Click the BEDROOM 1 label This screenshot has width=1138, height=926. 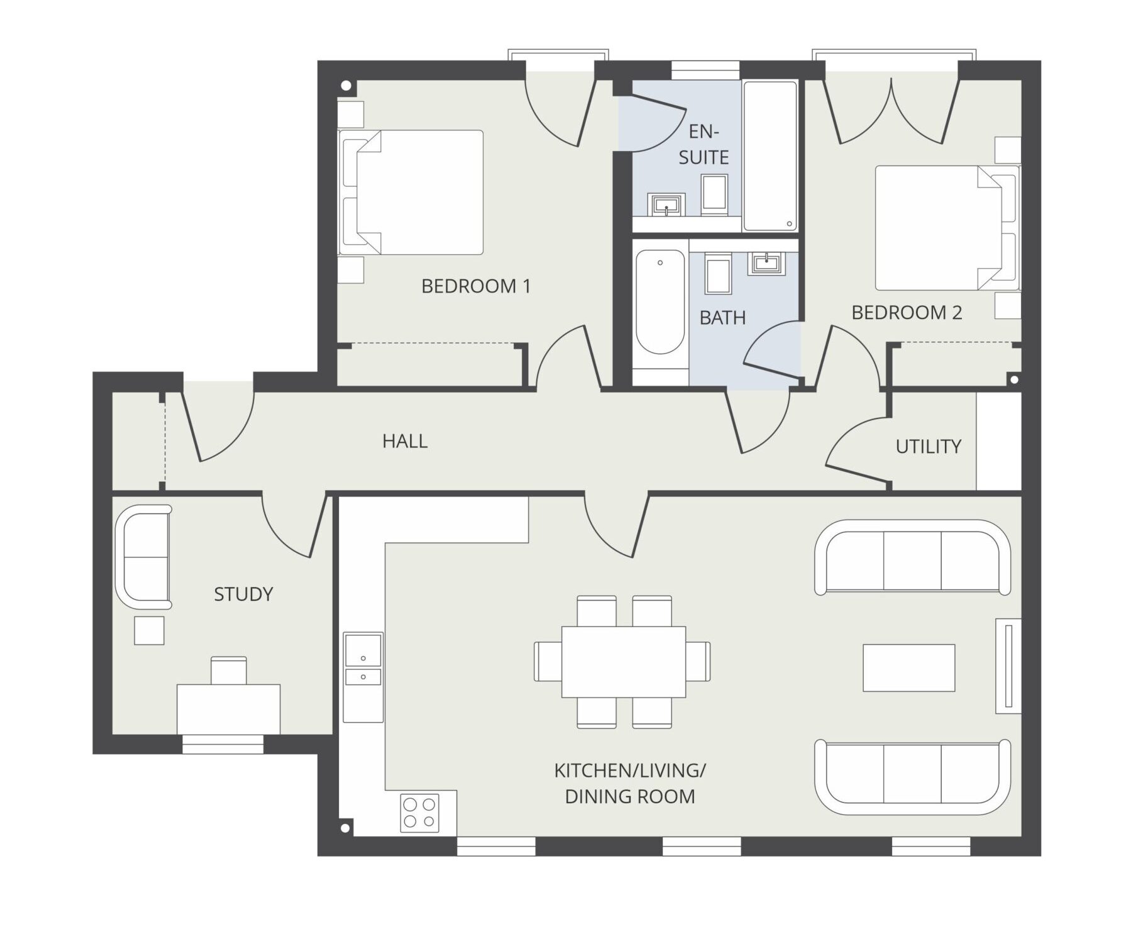pyautogui.click(x=476, y=286)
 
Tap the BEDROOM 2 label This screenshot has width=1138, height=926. pyautogui.click(x=907, y=313)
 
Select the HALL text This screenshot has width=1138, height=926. pyautogui.click(x=405, y=441)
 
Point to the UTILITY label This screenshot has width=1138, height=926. pyautogui.click(x=929, y=447)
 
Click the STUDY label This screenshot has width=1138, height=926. pyautogui.click(x=243, y=594)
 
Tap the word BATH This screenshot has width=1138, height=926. pyautogui.click(x=722, y=318)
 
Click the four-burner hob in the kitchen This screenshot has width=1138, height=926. pyautogui.click(x=420, y=813)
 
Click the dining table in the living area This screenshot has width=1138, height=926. pyautogui.click(x=624, y=662)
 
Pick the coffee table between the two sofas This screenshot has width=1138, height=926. pyautogui.click(x=909, y=668)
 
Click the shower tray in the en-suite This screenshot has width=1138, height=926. pyautogui.click(x=770, y=156)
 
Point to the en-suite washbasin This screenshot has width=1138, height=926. pyautogui.click(x=666, y=204)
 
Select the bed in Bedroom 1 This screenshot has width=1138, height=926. pyautogui.click(x=411, y=192)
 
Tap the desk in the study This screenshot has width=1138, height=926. pyautogui.click(x=228, y=709)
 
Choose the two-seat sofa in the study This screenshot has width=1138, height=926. pyautogui.click(x=143, y=557)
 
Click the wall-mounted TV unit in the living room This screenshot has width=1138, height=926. pyautogui.click(x=1008, y=666)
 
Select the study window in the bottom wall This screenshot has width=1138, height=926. pyautogui.click(x=223, y=744)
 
